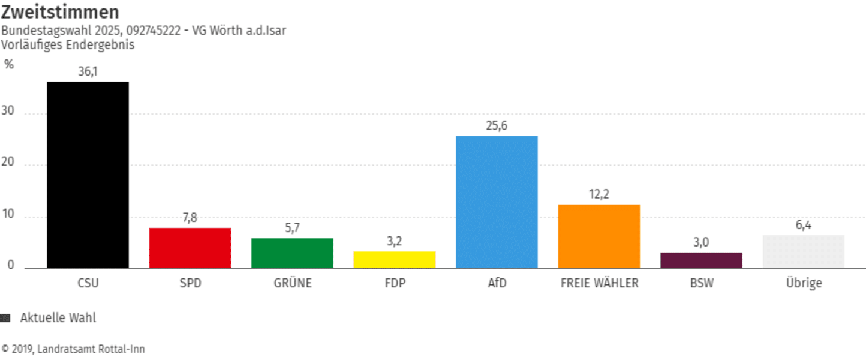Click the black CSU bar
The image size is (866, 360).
[88, 175]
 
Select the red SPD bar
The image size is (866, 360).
[190, 248]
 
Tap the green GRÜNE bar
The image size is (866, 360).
[292, 253]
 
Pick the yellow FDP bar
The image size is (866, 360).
[395, 260]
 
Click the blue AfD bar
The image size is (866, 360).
[497, 202]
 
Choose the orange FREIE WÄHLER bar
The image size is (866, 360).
[599, 236]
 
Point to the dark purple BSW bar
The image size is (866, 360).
[702, 260]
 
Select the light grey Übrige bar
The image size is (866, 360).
[804, 251]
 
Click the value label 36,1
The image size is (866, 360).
[88, 71]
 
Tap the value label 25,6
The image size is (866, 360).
[497, 126]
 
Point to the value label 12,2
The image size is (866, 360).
[599, 194]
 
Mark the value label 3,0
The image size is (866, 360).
[702, 242]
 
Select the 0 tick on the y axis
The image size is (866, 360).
[11, 266]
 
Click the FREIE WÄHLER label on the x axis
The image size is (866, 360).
[599, 283]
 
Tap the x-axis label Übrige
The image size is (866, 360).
[804, 283]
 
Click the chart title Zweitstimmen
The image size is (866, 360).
[60, 12]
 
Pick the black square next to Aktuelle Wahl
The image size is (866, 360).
[6, 319]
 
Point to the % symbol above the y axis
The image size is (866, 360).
[9, 64]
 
